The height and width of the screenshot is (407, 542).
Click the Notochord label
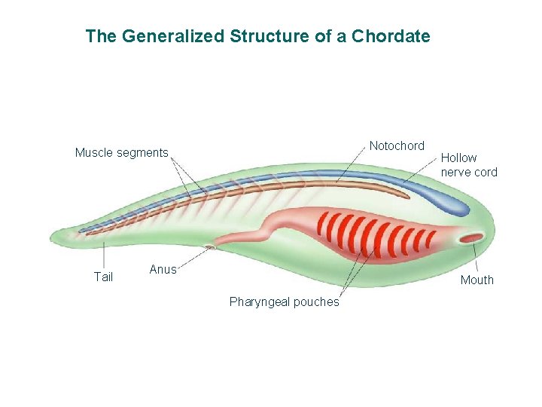click(x=397, y=145)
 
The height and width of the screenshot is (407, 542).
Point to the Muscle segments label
click(x=121, y=153)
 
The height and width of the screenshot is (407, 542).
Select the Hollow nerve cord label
click(x=469, y=164)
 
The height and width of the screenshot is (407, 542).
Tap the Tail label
click(x=103, y=277)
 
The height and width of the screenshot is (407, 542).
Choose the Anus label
click(x=163, y=269)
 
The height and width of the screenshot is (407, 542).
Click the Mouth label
click(x=477, y=280)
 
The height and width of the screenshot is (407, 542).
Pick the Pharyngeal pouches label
click(x=284, y=302)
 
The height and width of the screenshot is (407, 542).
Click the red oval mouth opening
click(x=472, y=239)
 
